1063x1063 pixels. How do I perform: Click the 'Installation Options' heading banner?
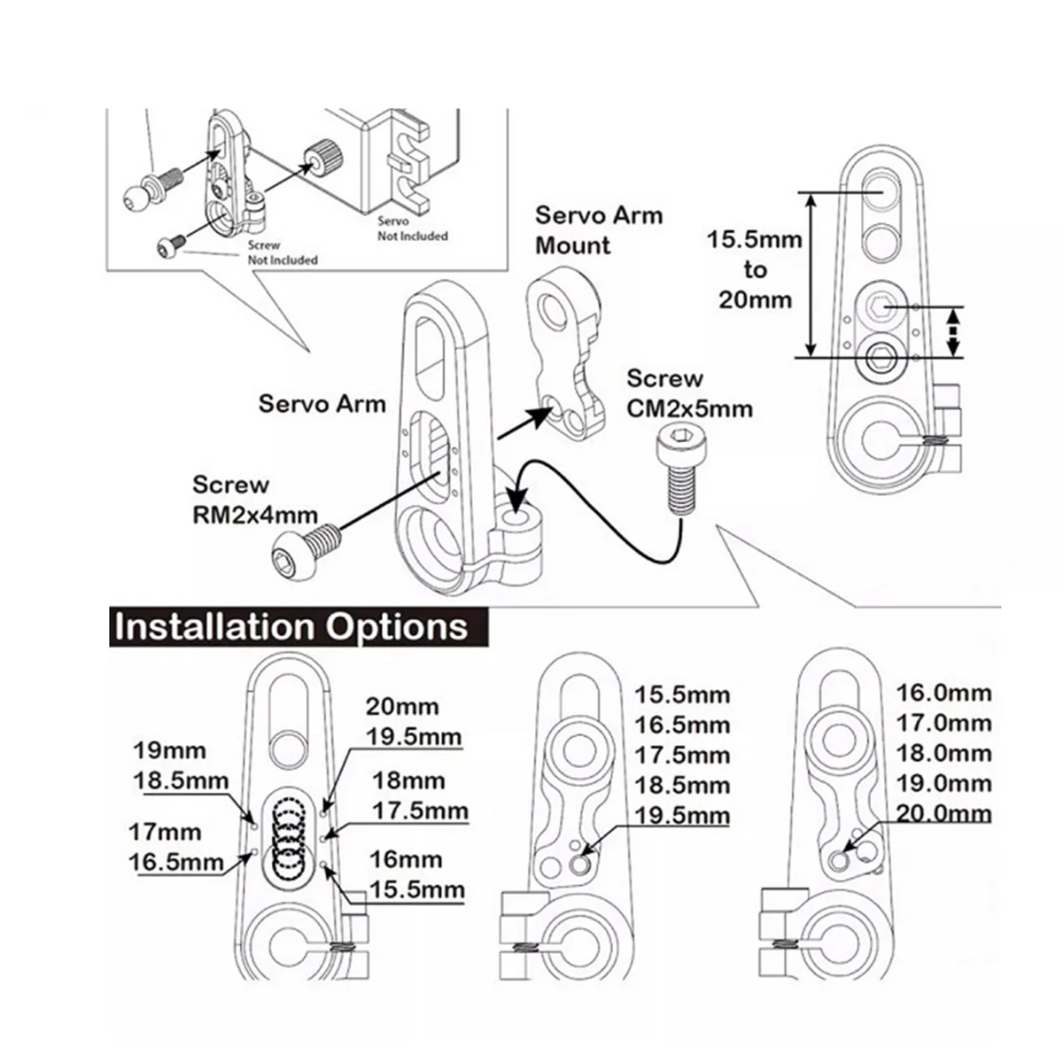[299, 626]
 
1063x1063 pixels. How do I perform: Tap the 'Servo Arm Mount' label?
[599, 230]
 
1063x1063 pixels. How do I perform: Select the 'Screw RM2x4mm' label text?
[255, 500]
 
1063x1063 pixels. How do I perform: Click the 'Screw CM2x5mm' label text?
[689, 394]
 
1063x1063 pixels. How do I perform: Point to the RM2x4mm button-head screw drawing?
[306, 551]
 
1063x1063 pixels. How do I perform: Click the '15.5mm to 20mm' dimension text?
[755, 270]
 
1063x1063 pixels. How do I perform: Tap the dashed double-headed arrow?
[953, 331]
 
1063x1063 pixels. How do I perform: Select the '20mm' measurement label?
[402, 707]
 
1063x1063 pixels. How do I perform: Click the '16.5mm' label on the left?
[176, 862]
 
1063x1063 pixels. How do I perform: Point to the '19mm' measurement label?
[170, 750]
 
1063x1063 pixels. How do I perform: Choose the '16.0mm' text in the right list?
[943, 694]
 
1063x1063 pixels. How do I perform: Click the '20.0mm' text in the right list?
[943, 814]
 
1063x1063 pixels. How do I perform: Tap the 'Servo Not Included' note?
[412, 229]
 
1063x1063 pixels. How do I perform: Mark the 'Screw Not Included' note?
[283, 252]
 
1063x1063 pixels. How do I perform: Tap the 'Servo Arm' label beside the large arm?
[322, 404]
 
